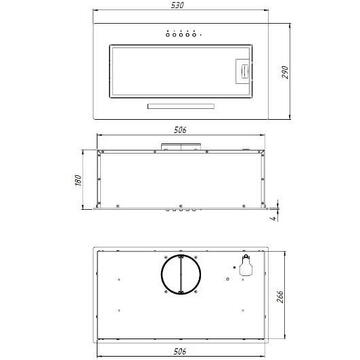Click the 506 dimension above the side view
point(182,131)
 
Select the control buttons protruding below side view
point(181,213)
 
